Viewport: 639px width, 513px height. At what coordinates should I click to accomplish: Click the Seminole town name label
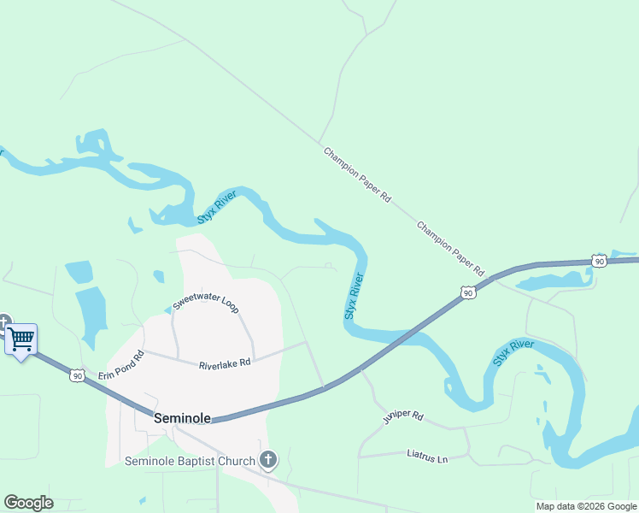tap(181, 419)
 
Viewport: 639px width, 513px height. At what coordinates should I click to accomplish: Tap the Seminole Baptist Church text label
tap(190, 462)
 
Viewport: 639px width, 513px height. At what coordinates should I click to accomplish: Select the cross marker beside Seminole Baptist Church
tap(268, 461)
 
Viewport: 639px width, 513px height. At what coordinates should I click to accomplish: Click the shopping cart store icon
tap(21, 339)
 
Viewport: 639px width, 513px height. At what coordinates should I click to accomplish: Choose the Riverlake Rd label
tap(225, 364)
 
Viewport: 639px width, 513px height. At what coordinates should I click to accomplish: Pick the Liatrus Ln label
tap(427, 459)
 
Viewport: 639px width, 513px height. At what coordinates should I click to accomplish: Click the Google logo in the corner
tap(28, 503)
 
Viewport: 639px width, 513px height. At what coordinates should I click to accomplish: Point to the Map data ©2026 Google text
tap(587, 506)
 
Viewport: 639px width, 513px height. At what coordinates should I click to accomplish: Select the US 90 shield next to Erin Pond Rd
tap(78, 375)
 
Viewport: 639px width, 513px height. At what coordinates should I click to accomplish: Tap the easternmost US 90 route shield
tap(600, 260)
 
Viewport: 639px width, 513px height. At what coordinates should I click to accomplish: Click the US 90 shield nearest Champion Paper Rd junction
tap(467, 293)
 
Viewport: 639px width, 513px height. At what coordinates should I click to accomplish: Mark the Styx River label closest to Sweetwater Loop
tap(217, 208)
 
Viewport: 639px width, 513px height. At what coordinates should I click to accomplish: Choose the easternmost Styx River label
tap(513, 353)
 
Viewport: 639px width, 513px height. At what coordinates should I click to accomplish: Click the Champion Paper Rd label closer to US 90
tap(450, 243)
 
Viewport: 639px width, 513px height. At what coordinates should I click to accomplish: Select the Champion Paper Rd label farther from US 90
tap(356, 174)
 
